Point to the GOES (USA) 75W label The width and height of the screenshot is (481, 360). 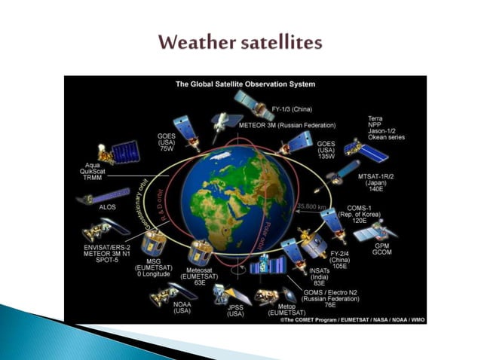click(167, 142)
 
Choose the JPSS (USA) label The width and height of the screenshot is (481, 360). click(235, 310)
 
